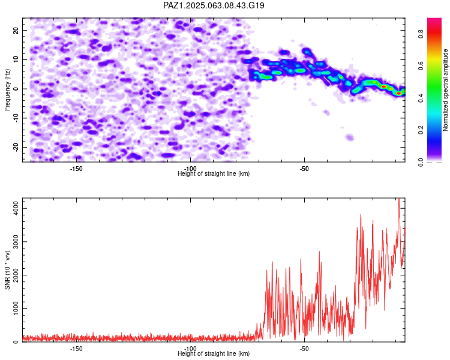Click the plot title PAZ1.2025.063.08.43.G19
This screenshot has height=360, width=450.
214,5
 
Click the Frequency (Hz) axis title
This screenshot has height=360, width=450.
7,90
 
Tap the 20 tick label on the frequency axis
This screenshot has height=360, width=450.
16,30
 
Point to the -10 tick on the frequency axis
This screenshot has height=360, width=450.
16,118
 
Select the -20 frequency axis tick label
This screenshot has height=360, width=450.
16,147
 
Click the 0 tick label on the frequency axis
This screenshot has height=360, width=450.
16,89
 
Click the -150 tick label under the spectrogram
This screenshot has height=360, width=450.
76,169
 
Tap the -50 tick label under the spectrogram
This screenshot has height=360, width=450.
304,169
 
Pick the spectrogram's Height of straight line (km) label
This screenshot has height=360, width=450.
214,173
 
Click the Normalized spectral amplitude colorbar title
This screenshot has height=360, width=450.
445,90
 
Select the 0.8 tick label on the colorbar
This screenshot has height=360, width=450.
421,34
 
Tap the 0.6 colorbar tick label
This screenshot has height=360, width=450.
421,66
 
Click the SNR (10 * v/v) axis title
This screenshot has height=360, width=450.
7,270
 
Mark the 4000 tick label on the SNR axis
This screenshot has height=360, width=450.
16,208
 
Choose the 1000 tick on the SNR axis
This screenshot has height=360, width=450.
16,308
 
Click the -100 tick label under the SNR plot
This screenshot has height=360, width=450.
190,349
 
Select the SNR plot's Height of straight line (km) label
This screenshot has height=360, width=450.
214,353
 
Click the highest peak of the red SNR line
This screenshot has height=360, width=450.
399,199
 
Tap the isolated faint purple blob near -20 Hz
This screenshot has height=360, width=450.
349,137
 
